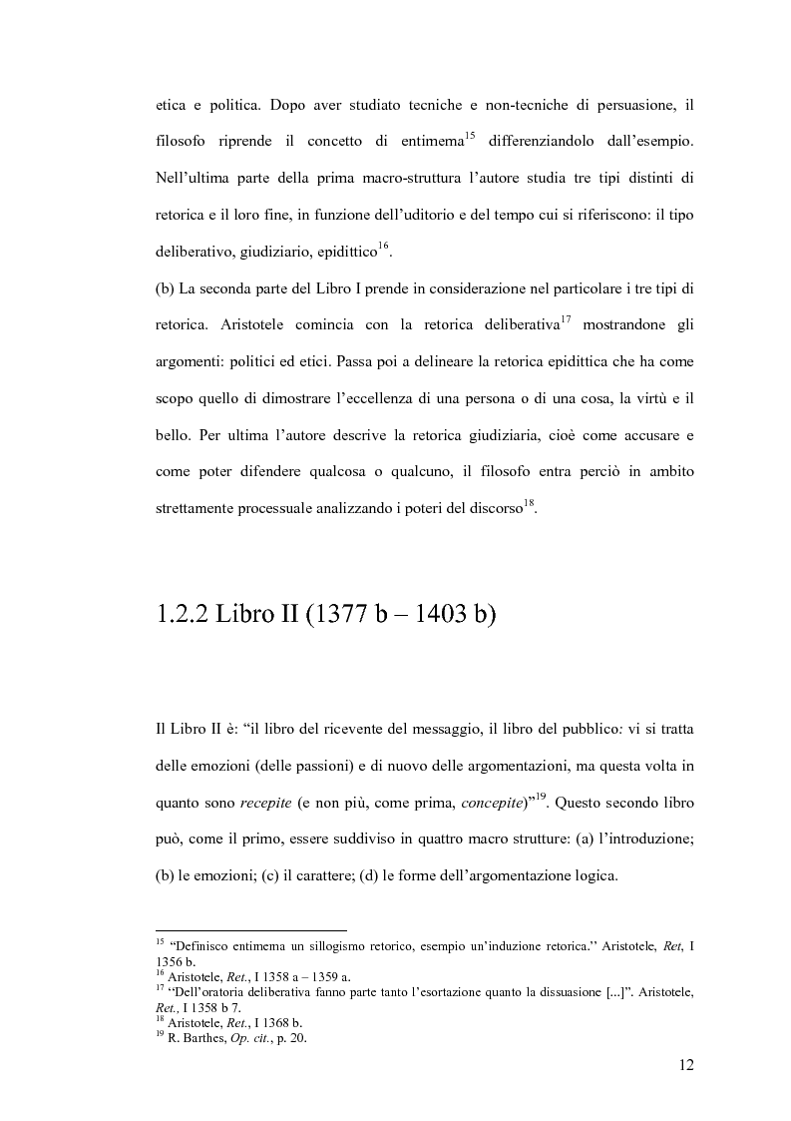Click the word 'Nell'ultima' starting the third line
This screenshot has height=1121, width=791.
coord(194,179)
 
